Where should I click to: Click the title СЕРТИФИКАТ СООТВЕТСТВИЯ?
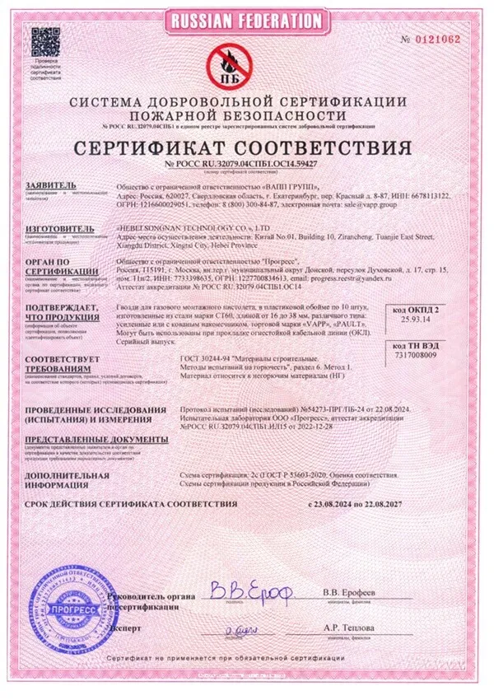[x=246, y=147]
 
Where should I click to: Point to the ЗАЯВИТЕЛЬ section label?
[x=51, y=186]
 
